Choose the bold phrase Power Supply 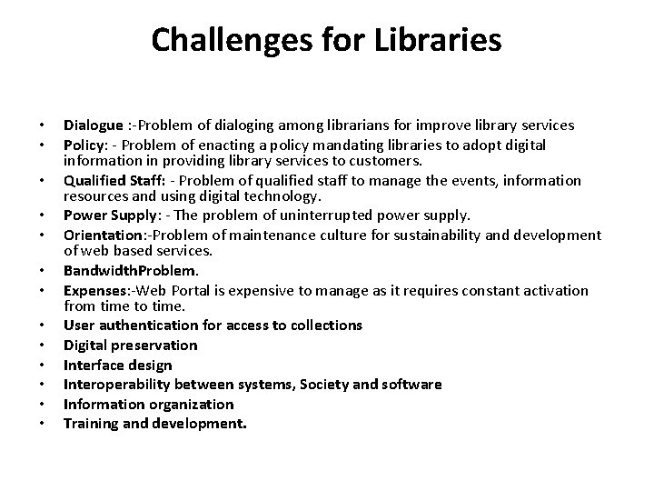[x=104, y=215]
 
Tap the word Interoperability [x=119, y=385]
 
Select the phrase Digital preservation [x=130, y=345]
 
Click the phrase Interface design [x=117, y=365]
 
